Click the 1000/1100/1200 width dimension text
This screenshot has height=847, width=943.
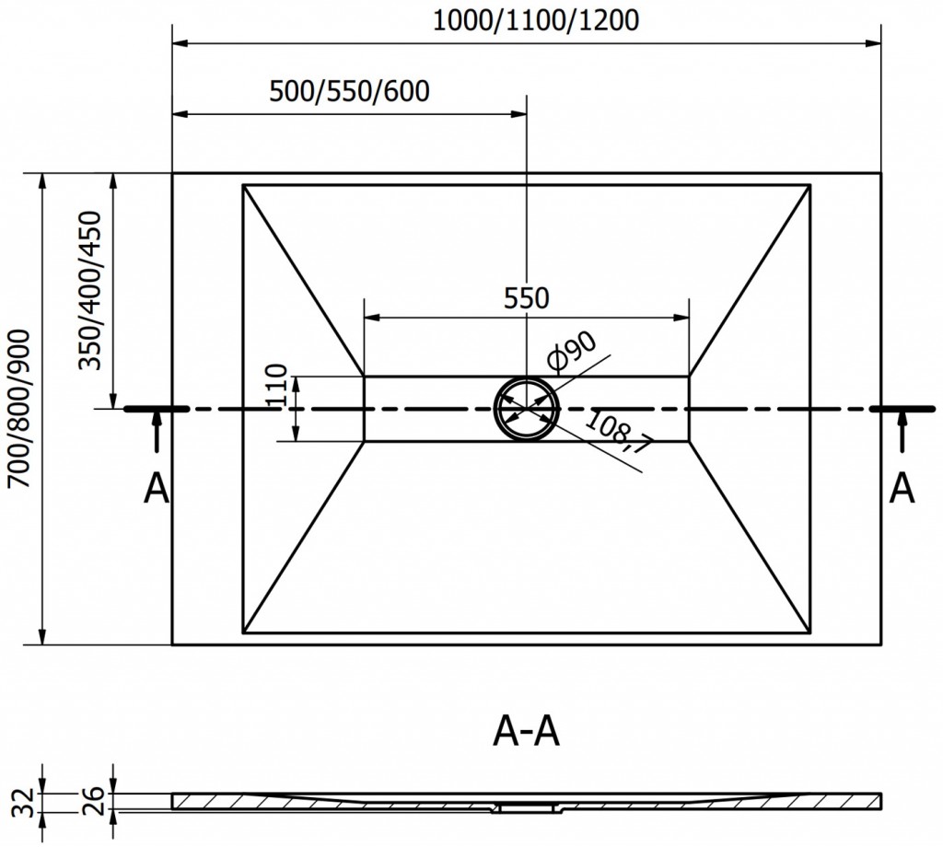point(536,21)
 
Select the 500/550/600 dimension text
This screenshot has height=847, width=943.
point(350,92)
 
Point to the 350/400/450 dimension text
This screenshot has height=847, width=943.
point(91,290)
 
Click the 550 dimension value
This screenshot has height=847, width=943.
point(527,297)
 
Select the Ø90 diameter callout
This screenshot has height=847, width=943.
point(572,352)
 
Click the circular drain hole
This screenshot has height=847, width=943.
point(527,409)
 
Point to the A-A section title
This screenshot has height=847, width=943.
point(527,733)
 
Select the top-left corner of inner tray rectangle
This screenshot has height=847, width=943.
point(243,185)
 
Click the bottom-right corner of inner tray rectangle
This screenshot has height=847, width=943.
point(811,632)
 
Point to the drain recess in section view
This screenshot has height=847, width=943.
point(527,808)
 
